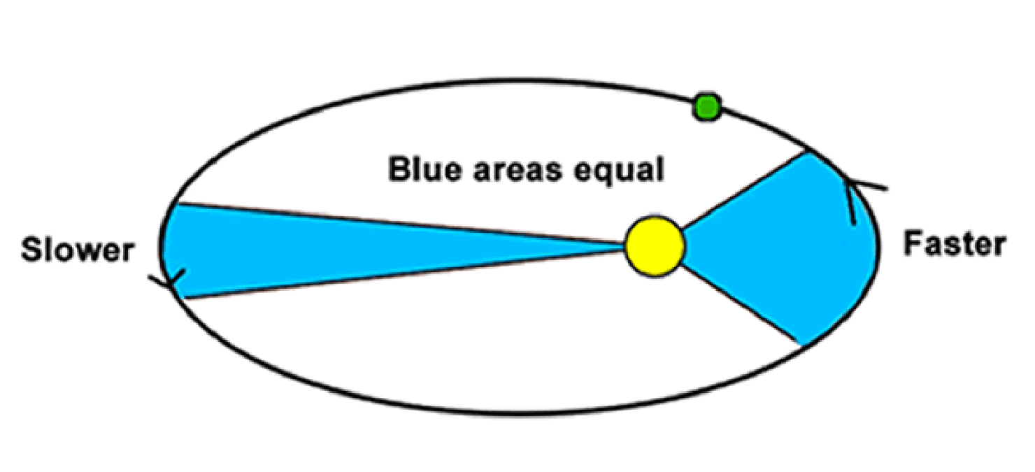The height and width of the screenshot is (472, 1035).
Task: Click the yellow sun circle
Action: [x=655, y=247]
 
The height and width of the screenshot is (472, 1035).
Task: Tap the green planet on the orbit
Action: [x=707, y=107]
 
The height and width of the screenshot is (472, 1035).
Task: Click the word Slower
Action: [x=78, y=250]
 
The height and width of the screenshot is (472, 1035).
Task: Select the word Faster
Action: [x=955, y=244]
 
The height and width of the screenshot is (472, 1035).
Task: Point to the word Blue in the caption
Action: [x=425, y=169]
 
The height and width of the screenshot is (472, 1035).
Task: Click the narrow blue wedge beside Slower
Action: [x=323, y=250]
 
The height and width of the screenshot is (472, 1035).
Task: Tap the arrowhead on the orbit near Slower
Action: [x=171, y=280]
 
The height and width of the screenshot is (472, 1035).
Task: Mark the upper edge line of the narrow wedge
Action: [x=402, y=223]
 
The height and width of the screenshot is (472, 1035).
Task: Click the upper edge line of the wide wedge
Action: [x=745, y=190]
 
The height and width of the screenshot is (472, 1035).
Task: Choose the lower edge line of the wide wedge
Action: [x=742, y=306]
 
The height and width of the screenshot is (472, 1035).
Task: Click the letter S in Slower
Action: [x=31, y=250]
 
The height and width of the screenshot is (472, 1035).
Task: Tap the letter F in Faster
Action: [x=913, y=244]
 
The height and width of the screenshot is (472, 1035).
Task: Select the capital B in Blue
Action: [x=400, y=169]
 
